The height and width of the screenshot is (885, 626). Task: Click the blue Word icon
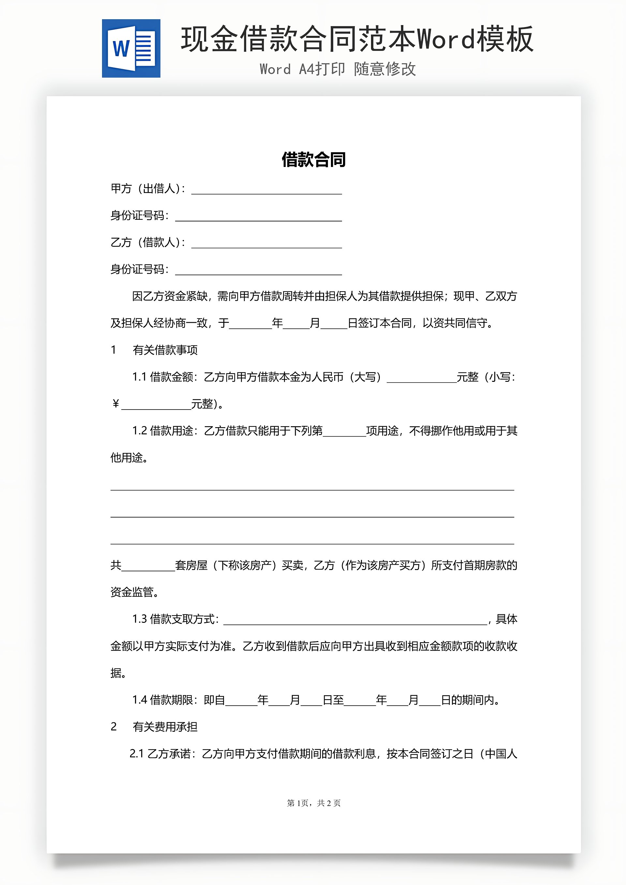131,49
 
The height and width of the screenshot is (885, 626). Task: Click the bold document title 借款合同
313,159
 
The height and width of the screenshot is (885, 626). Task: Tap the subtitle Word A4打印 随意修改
338,69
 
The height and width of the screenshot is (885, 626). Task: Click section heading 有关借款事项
165,350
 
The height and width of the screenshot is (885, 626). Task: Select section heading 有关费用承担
165,727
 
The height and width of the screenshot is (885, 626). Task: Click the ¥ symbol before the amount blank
115,404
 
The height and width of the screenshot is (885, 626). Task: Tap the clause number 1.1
139,377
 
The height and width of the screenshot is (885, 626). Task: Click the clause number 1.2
139,431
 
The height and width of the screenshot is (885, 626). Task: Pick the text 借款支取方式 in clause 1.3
182,620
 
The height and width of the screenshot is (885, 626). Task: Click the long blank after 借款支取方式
355,621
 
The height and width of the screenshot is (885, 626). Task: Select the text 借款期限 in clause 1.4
171,700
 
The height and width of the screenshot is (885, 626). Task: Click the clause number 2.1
137,754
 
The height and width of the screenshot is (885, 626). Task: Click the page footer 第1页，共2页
313,803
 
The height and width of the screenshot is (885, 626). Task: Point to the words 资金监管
132,592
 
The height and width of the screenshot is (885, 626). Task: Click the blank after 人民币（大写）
421,379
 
